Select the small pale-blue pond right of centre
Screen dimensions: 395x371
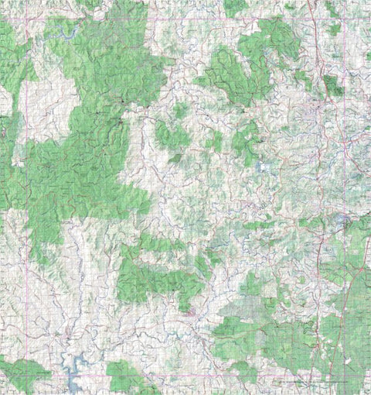pos(265,166)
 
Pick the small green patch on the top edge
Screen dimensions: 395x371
pos(235,7)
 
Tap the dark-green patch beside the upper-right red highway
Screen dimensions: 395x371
pos(332,85)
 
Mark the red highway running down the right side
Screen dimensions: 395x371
pos(318,256)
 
